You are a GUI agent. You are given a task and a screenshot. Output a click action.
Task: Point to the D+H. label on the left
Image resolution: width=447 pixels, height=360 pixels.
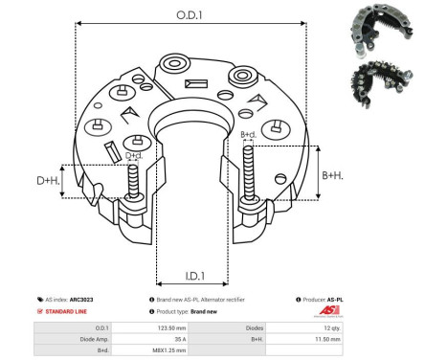pyautogui.click(x=46, y=180)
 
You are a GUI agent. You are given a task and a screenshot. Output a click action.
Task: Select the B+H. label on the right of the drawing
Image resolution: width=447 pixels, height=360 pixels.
pyautogui.click(x=333, y=175)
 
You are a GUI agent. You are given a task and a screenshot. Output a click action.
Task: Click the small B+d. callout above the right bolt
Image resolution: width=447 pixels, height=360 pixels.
pyautogui.click(x=248, y=135)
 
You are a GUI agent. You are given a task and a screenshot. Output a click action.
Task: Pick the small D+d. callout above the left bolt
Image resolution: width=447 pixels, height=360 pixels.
pyautogui.click(x=135, y=155)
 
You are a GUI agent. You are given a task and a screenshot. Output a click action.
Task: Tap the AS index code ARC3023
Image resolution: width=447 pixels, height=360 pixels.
pyautogui.click(x=81, y=300)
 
